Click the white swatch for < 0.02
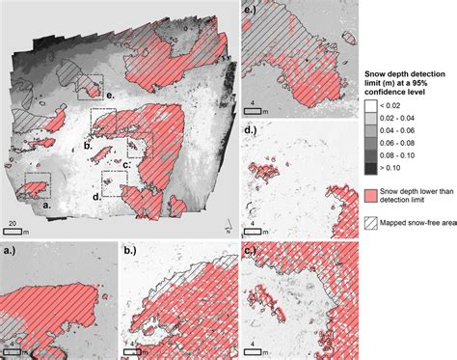pyautogui.click(x=373, y=104)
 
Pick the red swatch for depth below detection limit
pyautogui.click(x=373, y=194)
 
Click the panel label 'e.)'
pyautogui.click(x=251, y=11)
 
